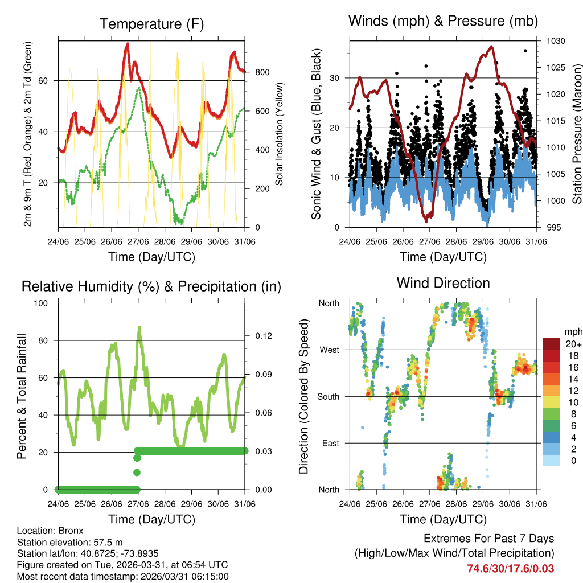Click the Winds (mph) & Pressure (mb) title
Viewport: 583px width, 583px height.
[443, 21]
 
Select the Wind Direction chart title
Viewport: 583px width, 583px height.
[443, 283]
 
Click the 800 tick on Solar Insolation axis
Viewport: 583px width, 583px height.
[262, 72]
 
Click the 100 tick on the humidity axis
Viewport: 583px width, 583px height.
[44, 303]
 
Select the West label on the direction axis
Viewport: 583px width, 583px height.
[329, 350]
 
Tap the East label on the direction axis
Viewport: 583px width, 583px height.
[330, 443]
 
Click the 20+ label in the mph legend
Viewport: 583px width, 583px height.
[573, 344]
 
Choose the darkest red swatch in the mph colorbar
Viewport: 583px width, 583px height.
[551, 344]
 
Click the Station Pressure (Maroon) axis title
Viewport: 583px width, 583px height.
[577, 134]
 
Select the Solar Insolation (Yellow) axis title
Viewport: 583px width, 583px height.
[280, 134]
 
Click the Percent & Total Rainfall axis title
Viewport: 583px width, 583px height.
[22, 396]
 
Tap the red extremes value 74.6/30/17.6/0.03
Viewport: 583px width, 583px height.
[510, 569]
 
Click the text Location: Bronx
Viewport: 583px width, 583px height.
[50, 531]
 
